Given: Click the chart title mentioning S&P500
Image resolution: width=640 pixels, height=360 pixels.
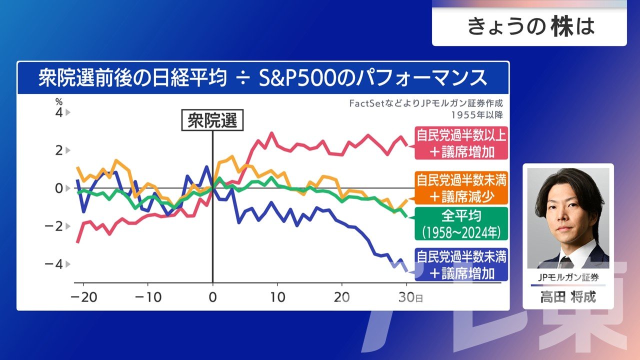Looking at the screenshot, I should point(262,78).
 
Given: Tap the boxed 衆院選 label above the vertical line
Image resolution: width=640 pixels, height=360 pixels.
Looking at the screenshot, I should point(212,120).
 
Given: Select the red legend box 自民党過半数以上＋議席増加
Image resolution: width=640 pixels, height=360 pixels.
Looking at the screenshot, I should point(461,143).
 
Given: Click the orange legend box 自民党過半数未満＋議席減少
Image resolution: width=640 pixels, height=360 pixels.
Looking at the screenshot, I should point(461,187).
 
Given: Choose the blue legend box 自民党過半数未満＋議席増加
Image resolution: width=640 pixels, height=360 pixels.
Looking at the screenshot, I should point(461,265).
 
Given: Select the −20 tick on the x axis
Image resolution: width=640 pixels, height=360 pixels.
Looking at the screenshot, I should point(83,297).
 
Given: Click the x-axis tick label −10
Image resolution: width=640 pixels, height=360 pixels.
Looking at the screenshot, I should point(148,297).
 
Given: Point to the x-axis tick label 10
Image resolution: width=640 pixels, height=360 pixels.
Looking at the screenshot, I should point(277,297).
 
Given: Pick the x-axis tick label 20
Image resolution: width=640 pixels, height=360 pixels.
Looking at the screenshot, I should point(342,297).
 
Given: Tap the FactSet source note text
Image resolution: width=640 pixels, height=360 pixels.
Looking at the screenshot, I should point(425,104).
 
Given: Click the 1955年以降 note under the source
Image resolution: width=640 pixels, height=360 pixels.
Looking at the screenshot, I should point(476,114).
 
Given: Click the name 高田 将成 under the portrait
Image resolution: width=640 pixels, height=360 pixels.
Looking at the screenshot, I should point(568,297).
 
